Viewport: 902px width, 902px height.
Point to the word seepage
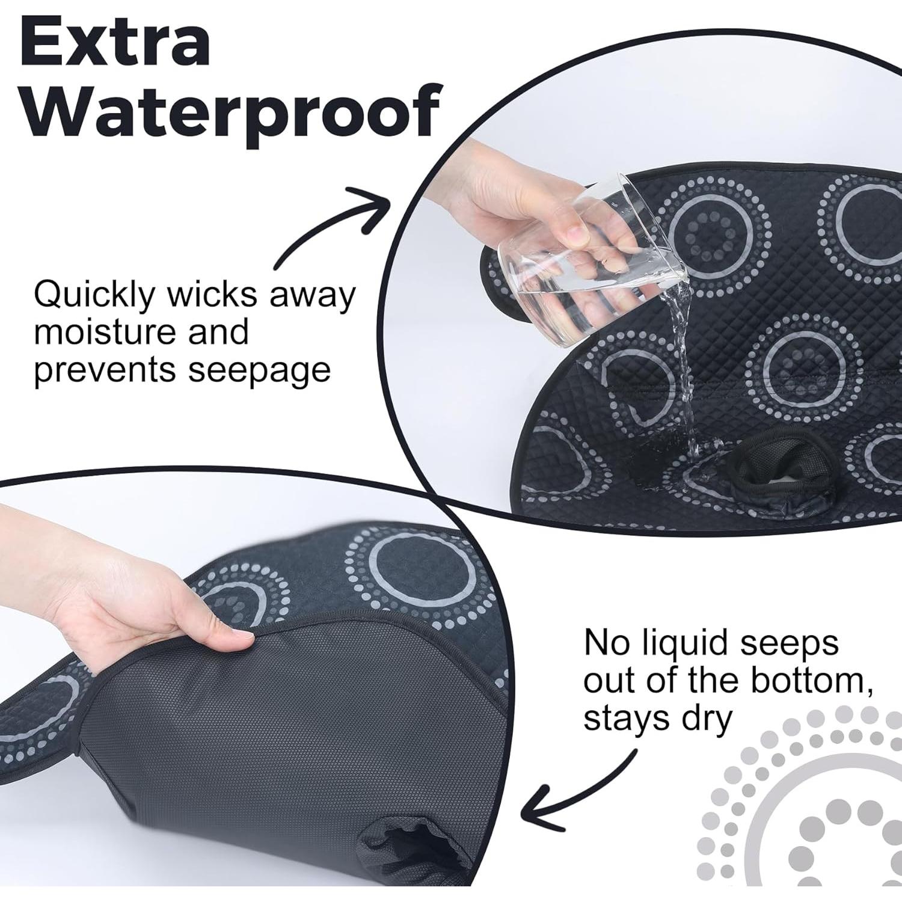pos(259,369)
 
